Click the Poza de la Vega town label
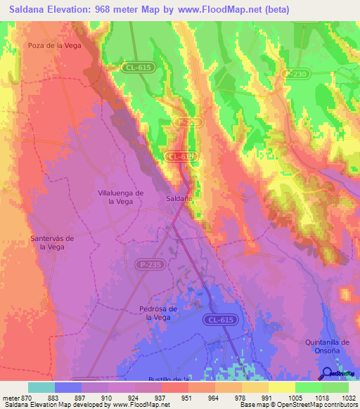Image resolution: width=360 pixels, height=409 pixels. pos(53,46)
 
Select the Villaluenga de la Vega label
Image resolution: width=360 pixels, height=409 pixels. pos(120,197)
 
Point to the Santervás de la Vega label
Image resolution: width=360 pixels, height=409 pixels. pos(53,242)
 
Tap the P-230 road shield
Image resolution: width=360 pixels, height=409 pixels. pos(295,74)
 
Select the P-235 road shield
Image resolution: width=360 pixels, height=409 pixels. pos(148,264)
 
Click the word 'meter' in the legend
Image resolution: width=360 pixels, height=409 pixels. pos(11,397)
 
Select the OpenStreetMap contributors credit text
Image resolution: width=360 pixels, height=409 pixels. pos(314,405)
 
